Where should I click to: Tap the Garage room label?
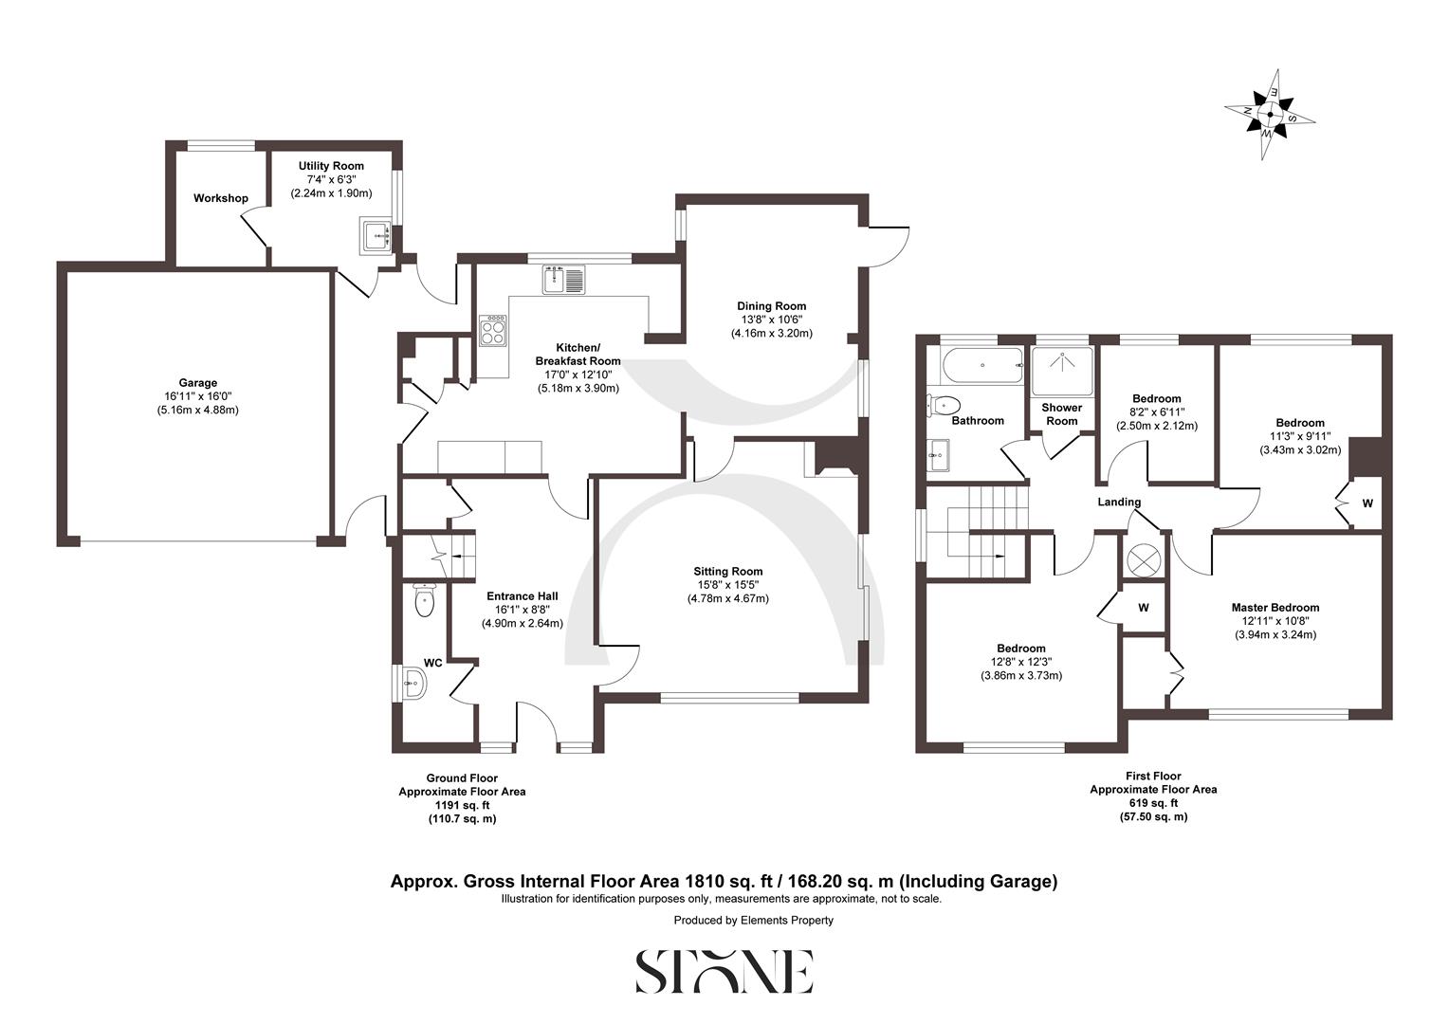pos(199,383)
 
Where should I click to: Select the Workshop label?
pos(220,198)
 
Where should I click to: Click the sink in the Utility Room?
pos(376,234)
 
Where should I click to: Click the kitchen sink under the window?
pos(565,280)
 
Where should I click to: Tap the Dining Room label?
pos(771,306)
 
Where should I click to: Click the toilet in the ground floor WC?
pos(423,600)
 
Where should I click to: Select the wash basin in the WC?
pos(413,683)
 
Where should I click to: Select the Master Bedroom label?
pos(1275,608)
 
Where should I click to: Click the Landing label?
pos(1119,503)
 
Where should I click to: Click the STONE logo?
pos(724,971)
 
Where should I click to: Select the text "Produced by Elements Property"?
pos(753,920)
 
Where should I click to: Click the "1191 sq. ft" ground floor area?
pos(462,805)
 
